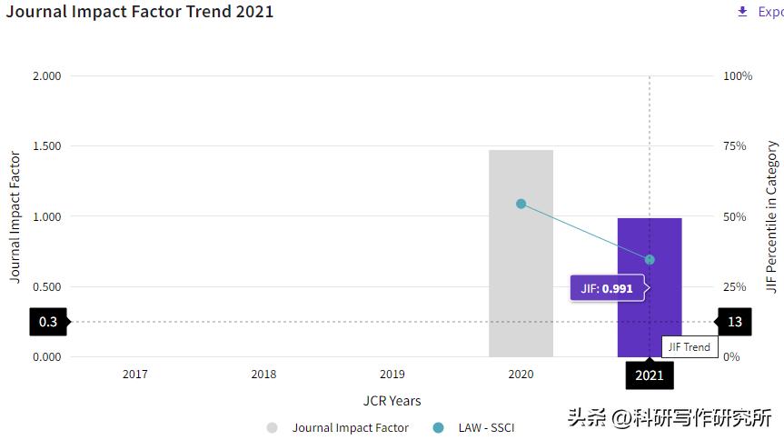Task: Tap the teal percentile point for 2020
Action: click(521, 204)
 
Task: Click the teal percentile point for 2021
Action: click(650, 260)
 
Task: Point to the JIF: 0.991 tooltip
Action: click(607, 289)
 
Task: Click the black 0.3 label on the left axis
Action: click(48, 322)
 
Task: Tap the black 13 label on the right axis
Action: click(735, 322)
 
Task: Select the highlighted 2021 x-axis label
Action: click(650, 375)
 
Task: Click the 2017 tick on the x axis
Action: click(135, 374)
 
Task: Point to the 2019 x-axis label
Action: click(392, 374)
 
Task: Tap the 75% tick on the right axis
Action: click(735, 146)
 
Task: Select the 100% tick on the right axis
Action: click(738, 76)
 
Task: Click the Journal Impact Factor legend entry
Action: click(351, 427)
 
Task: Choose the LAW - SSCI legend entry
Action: click(486, 427)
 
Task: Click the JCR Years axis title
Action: click(392, 401)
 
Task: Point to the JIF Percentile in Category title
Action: click(772, 216)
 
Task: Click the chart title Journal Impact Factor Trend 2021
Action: click(140, 12)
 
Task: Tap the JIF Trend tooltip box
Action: click(690, 346)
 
